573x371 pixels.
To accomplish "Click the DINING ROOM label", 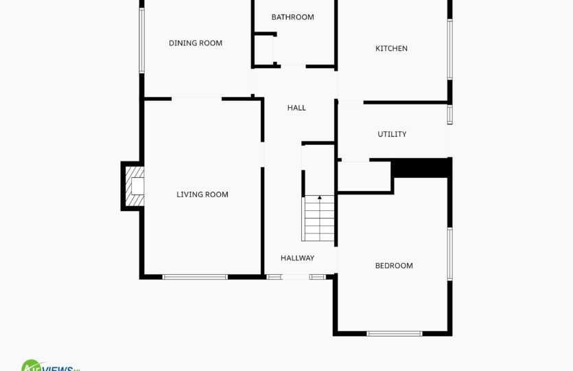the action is coord(196,43).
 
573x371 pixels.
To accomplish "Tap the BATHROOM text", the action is coord(293,17).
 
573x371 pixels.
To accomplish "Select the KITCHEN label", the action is coord(391,48).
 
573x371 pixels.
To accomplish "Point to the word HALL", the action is coord(296,108).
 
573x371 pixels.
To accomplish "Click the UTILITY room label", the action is coord(392,134).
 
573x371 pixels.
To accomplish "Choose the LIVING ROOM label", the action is coord(202,194).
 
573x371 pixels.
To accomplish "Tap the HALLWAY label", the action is coord(297,258).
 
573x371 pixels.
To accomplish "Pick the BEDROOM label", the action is coord(394,266).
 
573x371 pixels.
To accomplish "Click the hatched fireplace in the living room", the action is coord(135,186).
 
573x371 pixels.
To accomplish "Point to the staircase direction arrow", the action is coord(320,198).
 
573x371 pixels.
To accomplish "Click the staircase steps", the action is coord(318,218).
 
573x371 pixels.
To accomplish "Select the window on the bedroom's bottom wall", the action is coord(395,334).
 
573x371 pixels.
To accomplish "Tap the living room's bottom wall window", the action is coord(195,277).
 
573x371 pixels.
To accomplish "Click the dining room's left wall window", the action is coord(142,41).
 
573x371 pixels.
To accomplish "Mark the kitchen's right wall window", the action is coord(450,49).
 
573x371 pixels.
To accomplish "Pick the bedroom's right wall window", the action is coord(450,254).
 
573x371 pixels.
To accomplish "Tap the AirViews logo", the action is coord(50,366).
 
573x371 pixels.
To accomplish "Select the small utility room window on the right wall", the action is coord(450,115).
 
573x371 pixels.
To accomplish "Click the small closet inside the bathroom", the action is coord(264,49).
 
